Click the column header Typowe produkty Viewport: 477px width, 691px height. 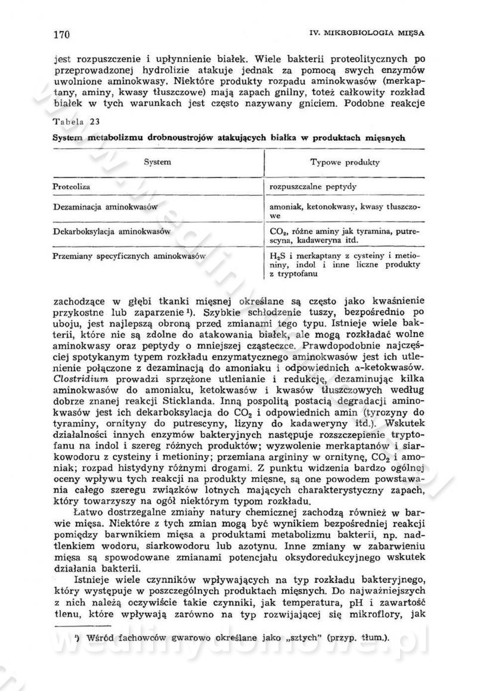tap(345, 162)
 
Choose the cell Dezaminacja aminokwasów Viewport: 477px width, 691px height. tap(104, 207)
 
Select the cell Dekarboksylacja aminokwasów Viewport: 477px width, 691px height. tap(111, 231)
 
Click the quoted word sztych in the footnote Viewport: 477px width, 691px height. tap(281, 637)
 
